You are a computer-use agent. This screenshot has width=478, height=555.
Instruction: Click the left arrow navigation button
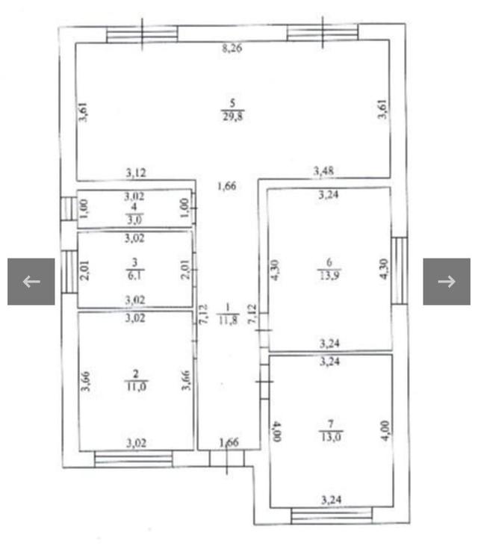[31, 282]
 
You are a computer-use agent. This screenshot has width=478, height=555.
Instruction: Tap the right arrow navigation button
[447, 282]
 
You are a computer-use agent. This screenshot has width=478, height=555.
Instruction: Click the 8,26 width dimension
[232, 48]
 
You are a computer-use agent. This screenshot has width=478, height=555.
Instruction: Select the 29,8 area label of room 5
[233, 116]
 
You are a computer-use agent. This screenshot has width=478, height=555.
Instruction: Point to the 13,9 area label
[329, 275]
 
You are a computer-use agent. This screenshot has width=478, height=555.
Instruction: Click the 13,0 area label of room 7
[331, 437]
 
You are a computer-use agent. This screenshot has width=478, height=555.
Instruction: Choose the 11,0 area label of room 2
[136, 386]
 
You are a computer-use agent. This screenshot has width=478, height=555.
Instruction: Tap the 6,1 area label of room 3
[134, 276]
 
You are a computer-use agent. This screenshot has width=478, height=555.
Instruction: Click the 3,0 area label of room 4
[134, 220]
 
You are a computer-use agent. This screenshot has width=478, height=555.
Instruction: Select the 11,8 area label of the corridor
[228, 320]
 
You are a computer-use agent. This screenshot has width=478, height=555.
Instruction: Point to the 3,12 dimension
[136, 173]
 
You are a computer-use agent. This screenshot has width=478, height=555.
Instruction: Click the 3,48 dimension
[323, 171]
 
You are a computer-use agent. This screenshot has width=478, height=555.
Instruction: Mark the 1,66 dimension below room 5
[227, 186]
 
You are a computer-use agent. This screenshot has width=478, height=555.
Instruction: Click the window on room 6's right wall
[400, 270]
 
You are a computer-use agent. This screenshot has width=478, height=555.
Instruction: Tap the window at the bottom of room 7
[332, 515]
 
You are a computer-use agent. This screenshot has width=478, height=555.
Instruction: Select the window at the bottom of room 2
[134, 459]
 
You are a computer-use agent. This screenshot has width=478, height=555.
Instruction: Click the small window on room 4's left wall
[69, 209]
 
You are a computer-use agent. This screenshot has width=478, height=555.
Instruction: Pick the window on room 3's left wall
[69, 272]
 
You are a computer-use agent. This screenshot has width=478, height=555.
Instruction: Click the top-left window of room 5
[142, 34]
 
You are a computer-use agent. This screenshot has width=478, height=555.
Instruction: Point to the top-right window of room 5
[323, 33]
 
